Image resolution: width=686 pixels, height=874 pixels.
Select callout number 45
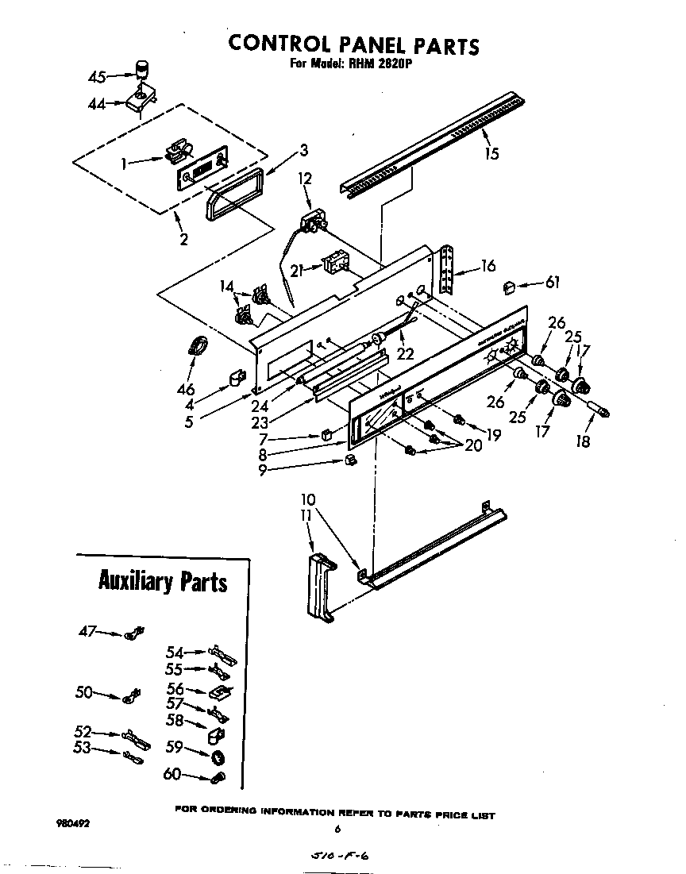[97, 77]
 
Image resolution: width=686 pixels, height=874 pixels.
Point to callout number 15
[491, 153]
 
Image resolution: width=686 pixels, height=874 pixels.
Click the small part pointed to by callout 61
[511, 285]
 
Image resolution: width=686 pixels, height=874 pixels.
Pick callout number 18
[584, 441]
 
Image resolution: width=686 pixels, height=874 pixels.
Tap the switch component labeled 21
[333, 264]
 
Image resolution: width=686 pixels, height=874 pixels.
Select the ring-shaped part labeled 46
[198, 346]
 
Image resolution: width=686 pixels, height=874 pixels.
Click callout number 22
[405, 354]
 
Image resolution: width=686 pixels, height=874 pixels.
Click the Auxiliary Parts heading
[162, 581]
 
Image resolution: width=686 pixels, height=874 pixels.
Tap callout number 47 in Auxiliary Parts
[87, 631]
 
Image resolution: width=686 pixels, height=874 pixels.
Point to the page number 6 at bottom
[337, 829]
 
